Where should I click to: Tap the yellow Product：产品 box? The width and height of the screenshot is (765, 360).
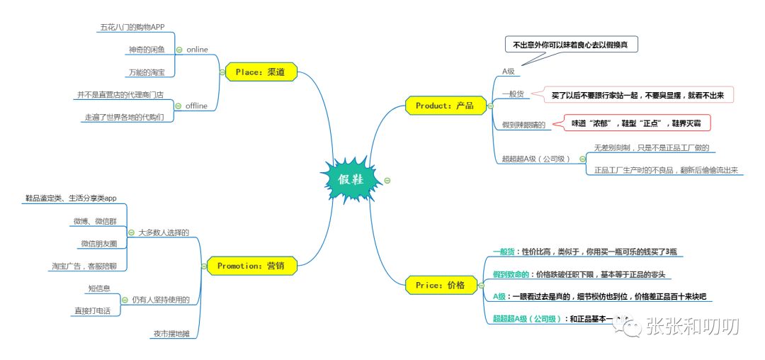click(445, 106)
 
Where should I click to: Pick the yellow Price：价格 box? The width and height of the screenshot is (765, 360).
click(441, 285)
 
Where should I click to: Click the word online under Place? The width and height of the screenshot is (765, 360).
click(197, 50)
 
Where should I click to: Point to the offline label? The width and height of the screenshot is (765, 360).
click(196, 106)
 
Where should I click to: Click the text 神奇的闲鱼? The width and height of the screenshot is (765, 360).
click(147, 50)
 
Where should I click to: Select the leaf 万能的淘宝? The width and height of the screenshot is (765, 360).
click(147, 72)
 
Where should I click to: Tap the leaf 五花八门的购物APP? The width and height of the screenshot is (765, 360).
click(132, 27)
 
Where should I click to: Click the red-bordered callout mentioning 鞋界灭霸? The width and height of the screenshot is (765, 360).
click(637, 123)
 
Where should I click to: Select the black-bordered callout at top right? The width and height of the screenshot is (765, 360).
click(575, 45)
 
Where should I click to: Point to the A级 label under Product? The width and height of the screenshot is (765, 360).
click(509, 72)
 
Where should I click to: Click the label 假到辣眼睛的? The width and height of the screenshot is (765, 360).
click(523, 125)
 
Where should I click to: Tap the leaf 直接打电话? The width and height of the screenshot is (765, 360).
click(92, 310)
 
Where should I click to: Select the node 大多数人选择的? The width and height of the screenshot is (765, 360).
click(164, 232)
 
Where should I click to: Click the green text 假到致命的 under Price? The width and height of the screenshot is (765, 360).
click(514, 274)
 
